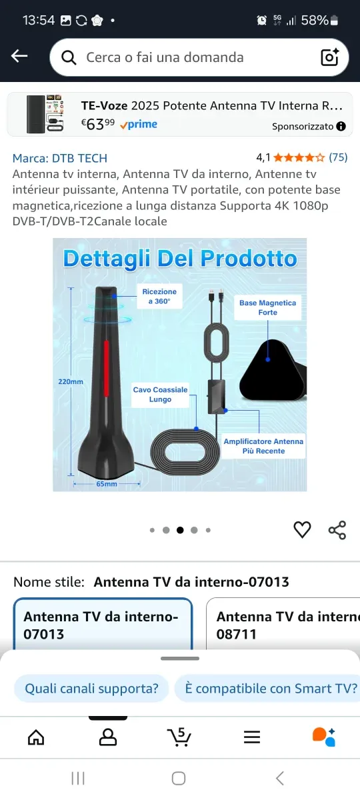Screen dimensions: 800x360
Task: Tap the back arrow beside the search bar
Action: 19,57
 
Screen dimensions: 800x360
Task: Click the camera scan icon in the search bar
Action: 330,57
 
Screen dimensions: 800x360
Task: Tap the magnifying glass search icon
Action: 69,57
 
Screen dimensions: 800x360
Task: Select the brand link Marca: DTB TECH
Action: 60,158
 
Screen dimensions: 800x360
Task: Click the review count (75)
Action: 338,158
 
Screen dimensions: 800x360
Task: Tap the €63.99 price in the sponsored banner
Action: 98,124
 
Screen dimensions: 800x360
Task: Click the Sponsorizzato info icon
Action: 341,126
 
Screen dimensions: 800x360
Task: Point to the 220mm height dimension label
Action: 70,382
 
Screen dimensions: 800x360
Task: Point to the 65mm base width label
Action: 106,484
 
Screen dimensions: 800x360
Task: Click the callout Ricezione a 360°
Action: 159,297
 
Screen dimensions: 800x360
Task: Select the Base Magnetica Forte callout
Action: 267,308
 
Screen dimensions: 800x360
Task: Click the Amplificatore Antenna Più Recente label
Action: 263,446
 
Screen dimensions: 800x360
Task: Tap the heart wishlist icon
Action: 302,530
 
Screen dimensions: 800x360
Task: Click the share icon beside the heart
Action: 337,530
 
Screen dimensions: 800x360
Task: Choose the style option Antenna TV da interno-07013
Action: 102,625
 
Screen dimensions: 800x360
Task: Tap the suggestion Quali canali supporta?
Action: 91,689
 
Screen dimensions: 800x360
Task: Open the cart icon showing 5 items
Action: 179,737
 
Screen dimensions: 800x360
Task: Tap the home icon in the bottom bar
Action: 36,737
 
